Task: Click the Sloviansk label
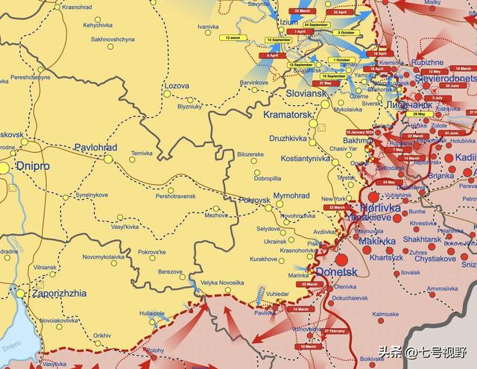click(306, 94)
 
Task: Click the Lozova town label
click(176, 86)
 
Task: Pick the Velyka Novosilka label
click(222, 283)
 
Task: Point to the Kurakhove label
click(264, 259)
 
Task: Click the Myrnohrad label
click(291, 195)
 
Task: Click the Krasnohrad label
click(78, 7)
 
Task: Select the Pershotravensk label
click(176, 196)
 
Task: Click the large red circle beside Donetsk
click(342, 260)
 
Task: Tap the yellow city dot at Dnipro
click(4, 168)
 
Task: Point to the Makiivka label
click(377, 242)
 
